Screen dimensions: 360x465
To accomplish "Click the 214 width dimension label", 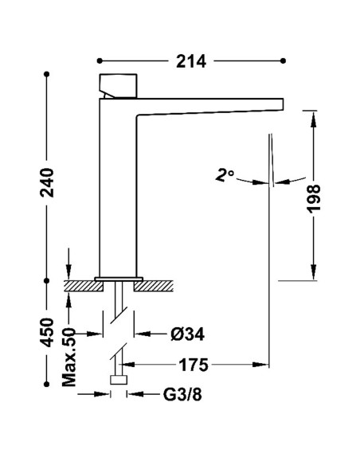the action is tap(191, 61).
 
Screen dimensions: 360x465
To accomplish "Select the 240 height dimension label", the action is tap(47, 182).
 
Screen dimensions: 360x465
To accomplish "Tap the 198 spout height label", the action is tap(314, 198).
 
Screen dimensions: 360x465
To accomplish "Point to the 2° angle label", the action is tap(225, 174).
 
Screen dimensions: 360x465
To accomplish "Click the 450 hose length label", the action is tap(47, 332).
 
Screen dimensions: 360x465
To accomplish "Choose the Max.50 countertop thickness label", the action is tap(68, 357).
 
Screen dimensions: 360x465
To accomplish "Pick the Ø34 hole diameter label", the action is tap(187, 334).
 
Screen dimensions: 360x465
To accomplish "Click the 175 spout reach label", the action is tap(194, 365).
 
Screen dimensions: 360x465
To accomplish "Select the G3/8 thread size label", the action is tap(182, 395).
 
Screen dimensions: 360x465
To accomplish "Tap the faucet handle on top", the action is tap(119, 86).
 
